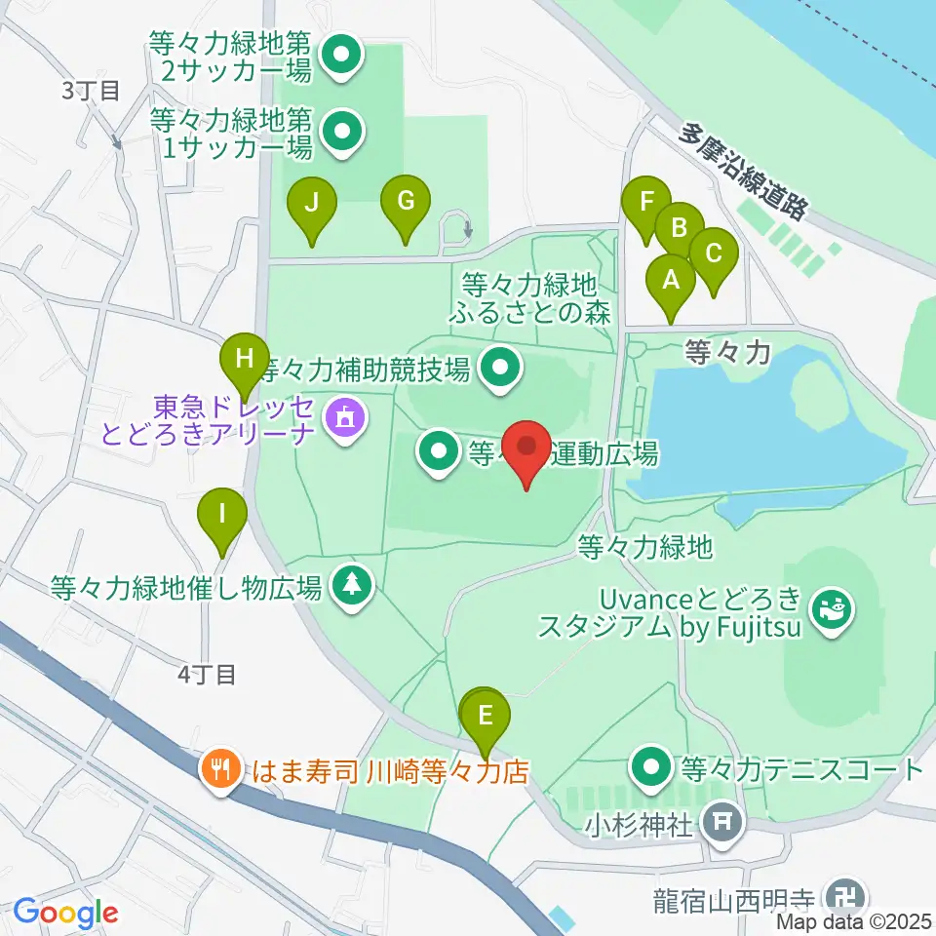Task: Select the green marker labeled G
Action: (406, 204)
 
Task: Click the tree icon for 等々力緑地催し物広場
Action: (353, 585)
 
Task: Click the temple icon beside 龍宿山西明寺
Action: (841, 894)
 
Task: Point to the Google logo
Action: (65, 913)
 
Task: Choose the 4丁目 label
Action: (207, 673)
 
